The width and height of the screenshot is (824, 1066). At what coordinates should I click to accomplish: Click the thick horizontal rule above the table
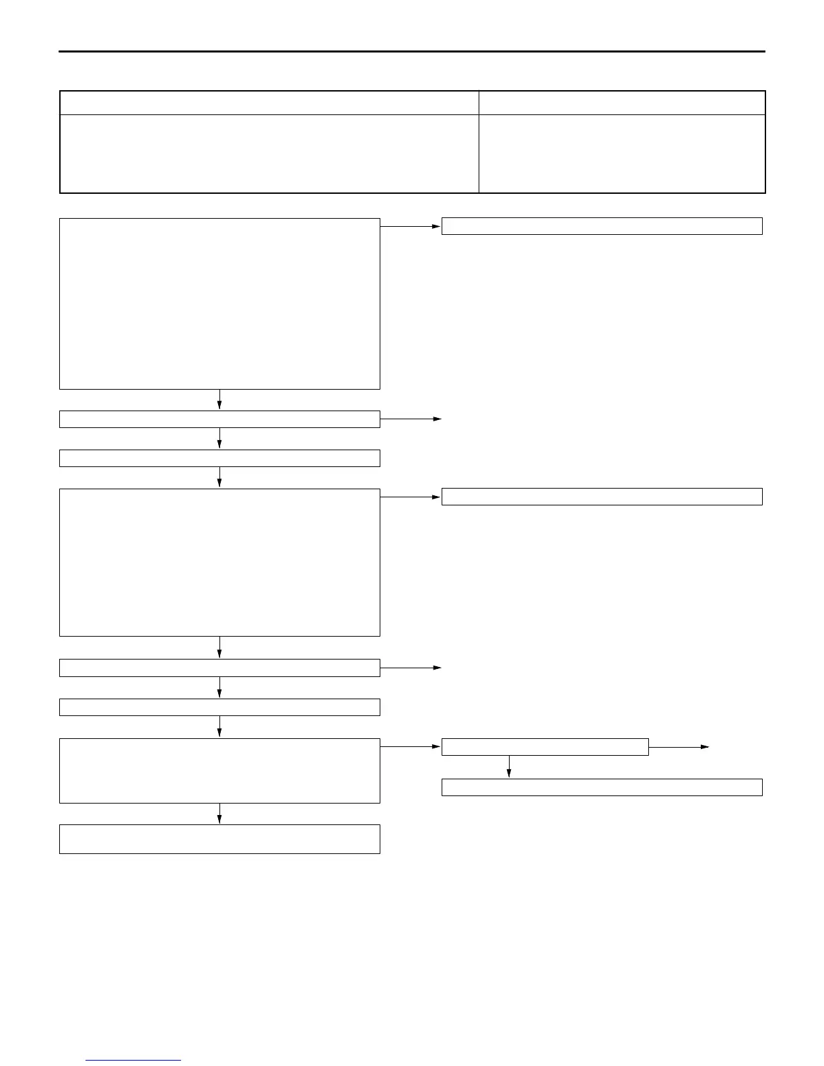(x=412, y=51)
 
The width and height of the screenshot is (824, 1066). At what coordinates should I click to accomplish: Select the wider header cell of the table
(x=269, y=103)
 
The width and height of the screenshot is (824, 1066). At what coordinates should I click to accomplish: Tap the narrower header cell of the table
(x=622, y=103)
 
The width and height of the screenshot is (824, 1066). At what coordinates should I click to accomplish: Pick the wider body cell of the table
(x=269, y=153)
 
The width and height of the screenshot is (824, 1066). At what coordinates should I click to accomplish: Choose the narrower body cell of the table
(x=622, y=153)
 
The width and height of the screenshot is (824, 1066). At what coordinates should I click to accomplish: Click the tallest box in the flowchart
(x=219, y=304)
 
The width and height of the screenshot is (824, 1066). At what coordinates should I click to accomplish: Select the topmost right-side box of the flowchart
(x=602, y=226)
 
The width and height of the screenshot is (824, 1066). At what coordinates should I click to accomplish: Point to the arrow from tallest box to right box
(x=411, y=227)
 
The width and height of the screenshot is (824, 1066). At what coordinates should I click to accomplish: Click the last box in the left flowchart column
(x=219, y=839)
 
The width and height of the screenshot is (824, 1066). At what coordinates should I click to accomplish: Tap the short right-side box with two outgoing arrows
(x=545, y=747)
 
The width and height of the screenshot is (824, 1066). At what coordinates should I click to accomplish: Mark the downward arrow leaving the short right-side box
(x=509, y=767)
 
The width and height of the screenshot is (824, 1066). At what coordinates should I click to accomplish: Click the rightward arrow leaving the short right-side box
(x=679, y=747)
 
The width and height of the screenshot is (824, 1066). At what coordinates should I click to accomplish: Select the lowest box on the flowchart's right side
(x=602, y=787)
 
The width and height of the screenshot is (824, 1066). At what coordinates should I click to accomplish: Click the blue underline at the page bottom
(x=133, y=1061)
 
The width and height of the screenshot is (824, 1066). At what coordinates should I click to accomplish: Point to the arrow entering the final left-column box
(x=219, y=814)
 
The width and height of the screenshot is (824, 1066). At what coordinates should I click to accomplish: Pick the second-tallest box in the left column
(x=219, y=563)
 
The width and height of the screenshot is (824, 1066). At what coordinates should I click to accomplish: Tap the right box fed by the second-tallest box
(x=602, y=497)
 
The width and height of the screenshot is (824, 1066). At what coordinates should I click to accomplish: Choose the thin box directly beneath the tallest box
(x=219, y=419)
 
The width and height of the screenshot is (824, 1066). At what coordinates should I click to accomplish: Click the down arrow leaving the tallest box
(x=219, y=399)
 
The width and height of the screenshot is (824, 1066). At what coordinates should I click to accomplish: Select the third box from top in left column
(x=219, y=458)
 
